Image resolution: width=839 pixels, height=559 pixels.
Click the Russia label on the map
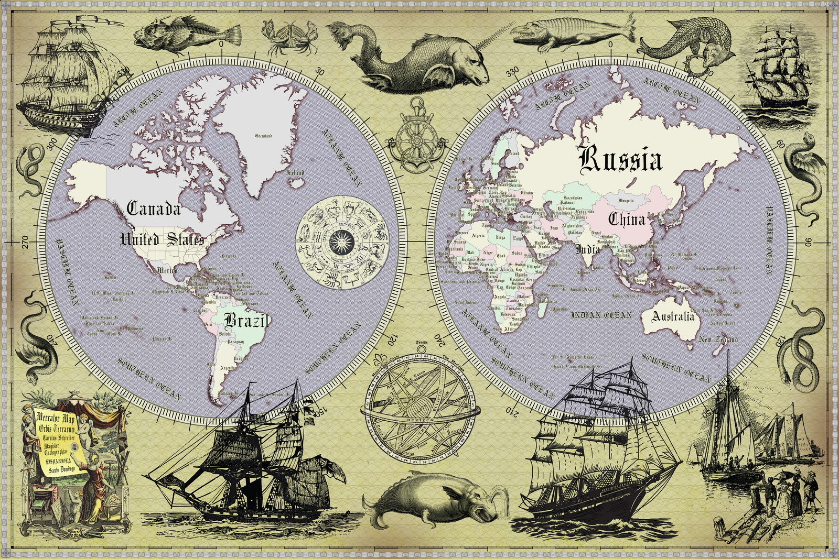point(620,159)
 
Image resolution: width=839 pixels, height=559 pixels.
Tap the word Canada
point(154,209)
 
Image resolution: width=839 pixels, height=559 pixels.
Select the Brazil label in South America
point(246,320)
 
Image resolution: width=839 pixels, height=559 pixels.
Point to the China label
point(626,219)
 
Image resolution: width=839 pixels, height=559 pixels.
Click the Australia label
point(673,316)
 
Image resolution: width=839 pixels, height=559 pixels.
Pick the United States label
point(162,239)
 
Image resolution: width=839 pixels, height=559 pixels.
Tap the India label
point(588,249)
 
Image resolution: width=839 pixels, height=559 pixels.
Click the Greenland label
point(263,136)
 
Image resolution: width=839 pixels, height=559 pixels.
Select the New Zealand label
point(718,339)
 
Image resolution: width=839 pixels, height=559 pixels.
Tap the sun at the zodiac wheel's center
point(343,242)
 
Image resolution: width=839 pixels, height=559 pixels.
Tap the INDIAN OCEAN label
point(601,315)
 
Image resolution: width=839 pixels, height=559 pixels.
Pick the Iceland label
point(294,172)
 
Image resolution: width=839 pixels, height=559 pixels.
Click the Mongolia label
point(626,200)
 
